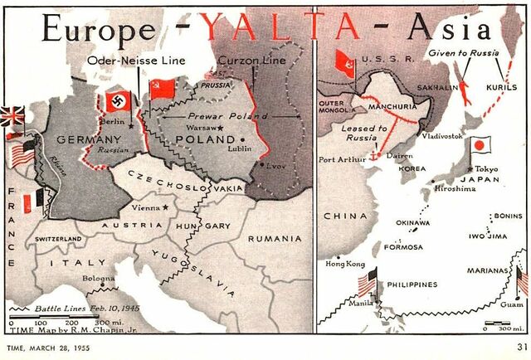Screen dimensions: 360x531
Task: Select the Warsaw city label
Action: coord(202,129)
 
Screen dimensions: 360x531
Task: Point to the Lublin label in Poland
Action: coord(248,150)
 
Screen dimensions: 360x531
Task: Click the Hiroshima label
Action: coord(454,188)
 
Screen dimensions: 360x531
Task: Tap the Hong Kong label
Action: coord(345,264)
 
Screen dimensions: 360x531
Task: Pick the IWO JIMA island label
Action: coord(489,235)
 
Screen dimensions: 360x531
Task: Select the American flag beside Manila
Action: coord(366,283)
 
